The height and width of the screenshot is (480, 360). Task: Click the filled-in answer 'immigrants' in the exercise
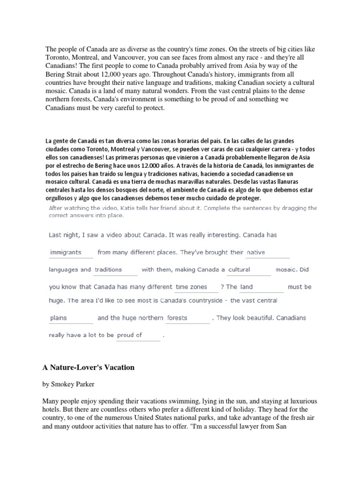pyautogui.click(x=66, y=252)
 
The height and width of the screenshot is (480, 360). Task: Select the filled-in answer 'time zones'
pyautogui.click(x=191, y=287)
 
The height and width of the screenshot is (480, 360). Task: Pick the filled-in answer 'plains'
pyautogui.click(x=59, y=318)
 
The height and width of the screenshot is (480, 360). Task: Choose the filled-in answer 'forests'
pyautogui.click(x=177, y=318)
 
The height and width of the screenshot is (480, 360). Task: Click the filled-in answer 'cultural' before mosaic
pyautogui.click(x=239, y=270)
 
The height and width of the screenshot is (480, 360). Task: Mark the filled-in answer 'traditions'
pyautogui.click(x=108, y=270)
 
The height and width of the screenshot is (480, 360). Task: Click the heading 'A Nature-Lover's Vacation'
pyautogui.click(x=88, y=367)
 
